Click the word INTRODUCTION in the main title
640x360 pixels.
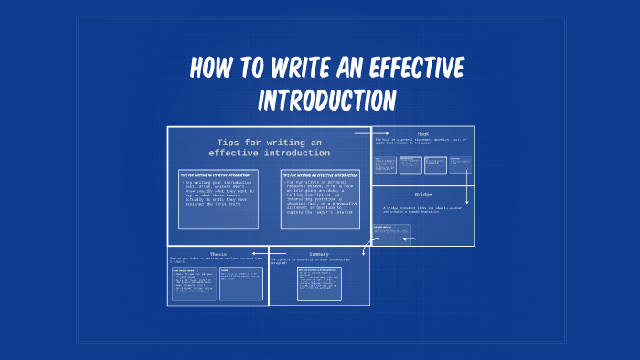click(x=326, y=99)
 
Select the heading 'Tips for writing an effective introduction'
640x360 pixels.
click(x=269, y=147)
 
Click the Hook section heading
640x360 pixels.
click(x=422, y=134)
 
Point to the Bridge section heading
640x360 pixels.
click(x=422, y=195)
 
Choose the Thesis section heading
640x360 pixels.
click(x=218, y=254)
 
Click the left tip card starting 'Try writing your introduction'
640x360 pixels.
click(x=218, y=197)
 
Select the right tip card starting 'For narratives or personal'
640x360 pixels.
click(x=319, y=197)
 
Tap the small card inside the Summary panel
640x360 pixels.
click(x=319, y=283)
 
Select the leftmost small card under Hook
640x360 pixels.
click(x=385, y=165)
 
